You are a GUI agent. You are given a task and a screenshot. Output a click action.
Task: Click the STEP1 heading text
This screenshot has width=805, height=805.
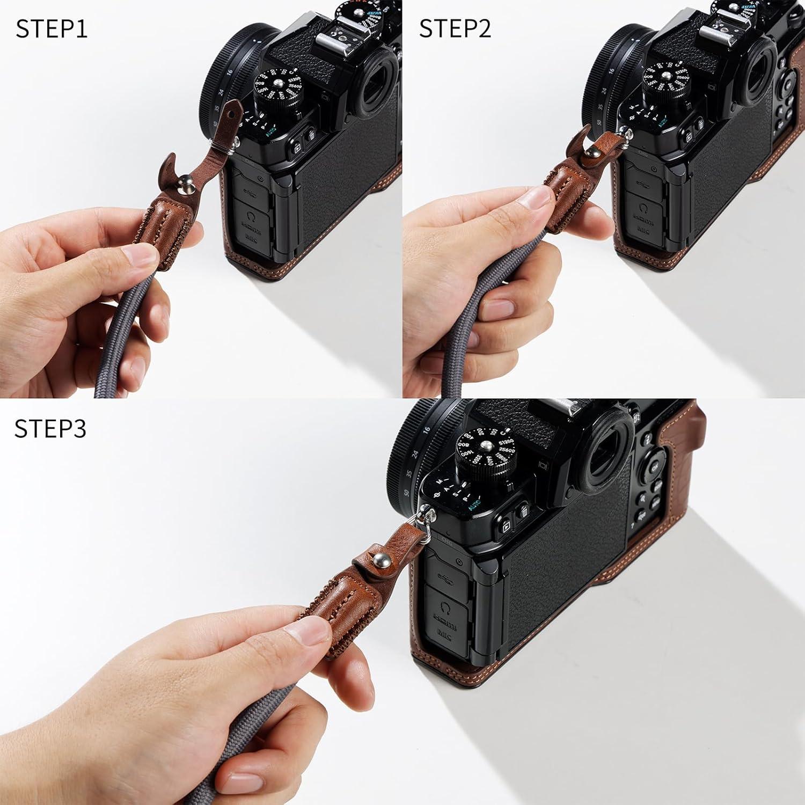[x=52, y=29]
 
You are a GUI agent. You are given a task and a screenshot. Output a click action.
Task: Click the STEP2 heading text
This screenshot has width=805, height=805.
[x=455, y=29]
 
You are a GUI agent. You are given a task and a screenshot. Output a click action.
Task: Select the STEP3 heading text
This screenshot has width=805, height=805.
[x=50, y=428]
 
